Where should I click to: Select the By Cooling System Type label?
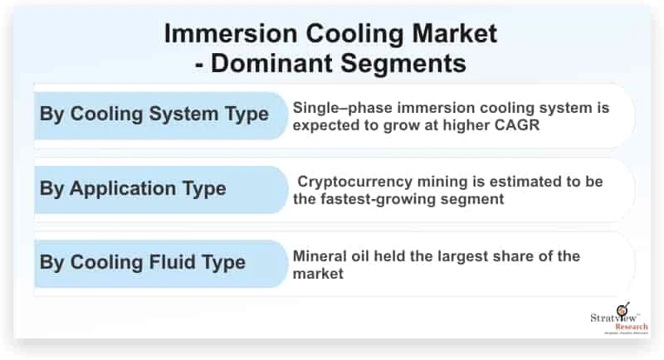154,114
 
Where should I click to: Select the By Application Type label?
133,188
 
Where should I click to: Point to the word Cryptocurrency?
359,182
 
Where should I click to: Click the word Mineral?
320,255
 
